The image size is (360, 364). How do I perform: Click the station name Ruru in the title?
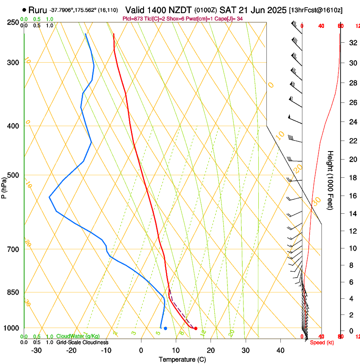click(38, 9)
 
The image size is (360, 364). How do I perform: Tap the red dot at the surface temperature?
click(196, 328)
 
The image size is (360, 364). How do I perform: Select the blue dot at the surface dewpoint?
click(165, 328)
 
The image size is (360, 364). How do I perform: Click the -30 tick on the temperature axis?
click(36, 350)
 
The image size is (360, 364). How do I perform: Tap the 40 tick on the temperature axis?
click(280, 350)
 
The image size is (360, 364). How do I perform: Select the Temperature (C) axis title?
click(182, 360)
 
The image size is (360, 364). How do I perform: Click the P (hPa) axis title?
click(4, 186)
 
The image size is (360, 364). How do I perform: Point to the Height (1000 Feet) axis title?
click(330, 180)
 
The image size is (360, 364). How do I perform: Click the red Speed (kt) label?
click(322, 342)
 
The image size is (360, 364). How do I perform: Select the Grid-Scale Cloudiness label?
click(82, 342)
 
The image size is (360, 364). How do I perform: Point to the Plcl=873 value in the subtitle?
click(132, 19)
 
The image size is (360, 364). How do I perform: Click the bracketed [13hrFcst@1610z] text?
click(316, 10)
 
